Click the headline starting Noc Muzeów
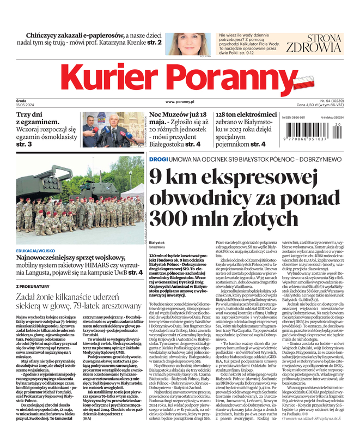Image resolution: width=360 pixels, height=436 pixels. [x=178, y=116]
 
